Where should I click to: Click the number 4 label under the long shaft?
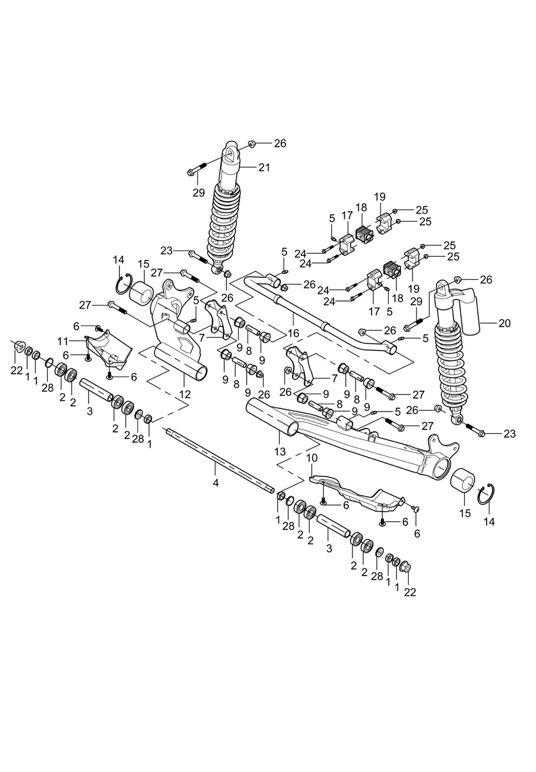click(216, 483)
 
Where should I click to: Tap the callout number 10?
click(312, 458)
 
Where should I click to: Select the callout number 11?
click(63, 341)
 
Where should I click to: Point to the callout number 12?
click(185, 395)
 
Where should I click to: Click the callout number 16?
click(293, 334)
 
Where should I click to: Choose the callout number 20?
click(505, 323)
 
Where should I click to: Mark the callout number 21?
click(264, 167)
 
